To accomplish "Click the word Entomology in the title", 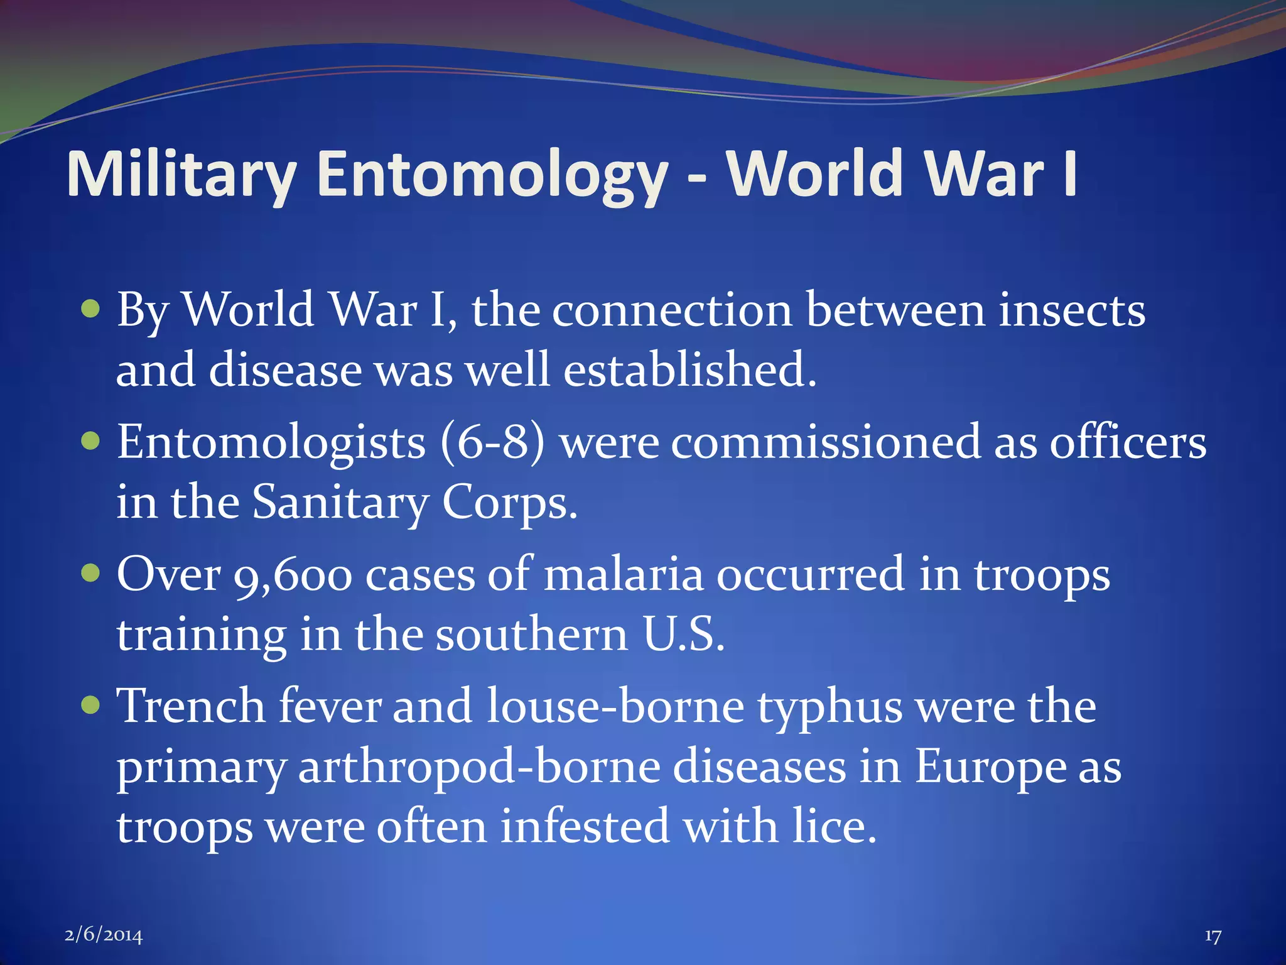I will [492, 175].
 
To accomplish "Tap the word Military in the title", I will [181, 175].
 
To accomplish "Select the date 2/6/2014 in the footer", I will [104, 935].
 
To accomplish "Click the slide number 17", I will [1213, 936].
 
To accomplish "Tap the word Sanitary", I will [340, 503].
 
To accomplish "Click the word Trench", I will [192, 706].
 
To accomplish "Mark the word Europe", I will [989, 768].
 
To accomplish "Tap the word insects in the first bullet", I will [1071, 310].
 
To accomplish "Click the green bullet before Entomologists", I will [91, 441].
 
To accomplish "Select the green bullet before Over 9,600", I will [91, 573].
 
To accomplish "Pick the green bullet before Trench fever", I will [91, 705].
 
